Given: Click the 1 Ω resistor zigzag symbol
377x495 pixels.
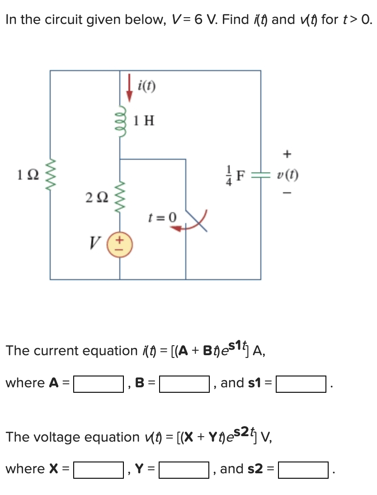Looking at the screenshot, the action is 50,174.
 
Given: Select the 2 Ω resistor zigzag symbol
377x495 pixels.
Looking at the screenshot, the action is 119,197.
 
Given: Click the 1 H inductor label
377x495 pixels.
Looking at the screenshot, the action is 144,120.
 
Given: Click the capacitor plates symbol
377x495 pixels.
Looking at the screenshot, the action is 261,175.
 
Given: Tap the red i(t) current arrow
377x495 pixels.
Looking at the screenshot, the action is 130,89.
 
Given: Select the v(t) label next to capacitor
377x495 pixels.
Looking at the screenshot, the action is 286,175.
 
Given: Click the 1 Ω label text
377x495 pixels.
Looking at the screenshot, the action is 24,174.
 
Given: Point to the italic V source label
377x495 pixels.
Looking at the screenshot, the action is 94,245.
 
